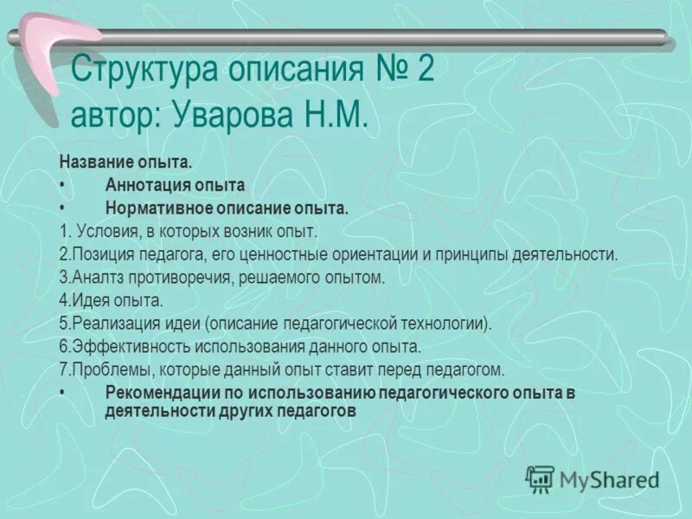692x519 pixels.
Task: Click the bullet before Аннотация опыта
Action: pos(63,185)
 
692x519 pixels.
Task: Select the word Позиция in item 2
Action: pos(99,255)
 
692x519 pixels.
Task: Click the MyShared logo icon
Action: pos(541,478)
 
